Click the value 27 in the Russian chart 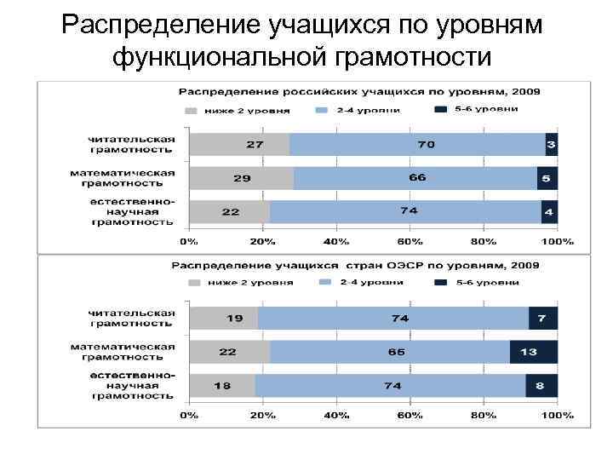255,144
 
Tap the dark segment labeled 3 551,144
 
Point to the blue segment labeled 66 416,178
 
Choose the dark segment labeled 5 547,178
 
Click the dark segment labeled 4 549,211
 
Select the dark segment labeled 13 534,352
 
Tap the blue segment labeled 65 395,352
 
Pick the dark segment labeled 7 542,318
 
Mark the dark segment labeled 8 541,385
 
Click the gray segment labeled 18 221,385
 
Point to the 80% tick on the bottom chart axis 484,415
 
